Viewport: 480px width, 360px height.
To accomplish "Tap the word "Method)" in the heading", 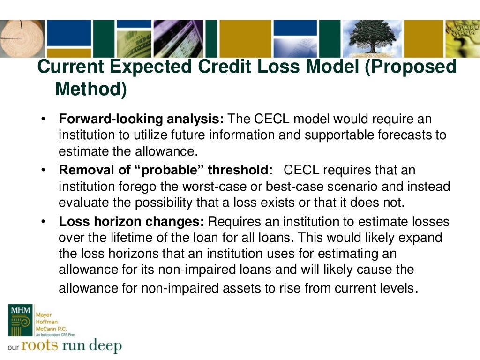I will pos(91,89).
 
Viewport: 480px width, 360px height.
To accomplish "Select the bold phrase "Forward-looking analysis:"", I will pos(142,119).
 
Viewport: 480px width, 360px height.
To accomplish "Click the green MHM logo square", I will pos(20,320).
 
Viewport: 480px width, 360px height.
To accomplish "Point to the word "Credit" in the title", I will pos(226,67).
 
